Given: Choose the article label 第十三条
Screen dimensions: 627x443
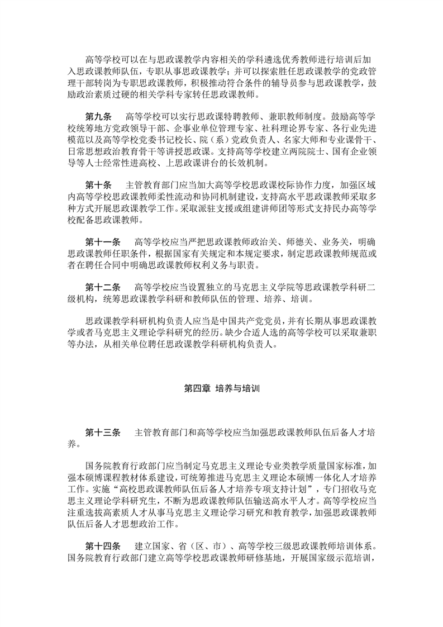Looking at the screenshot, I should click(103, 434).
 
